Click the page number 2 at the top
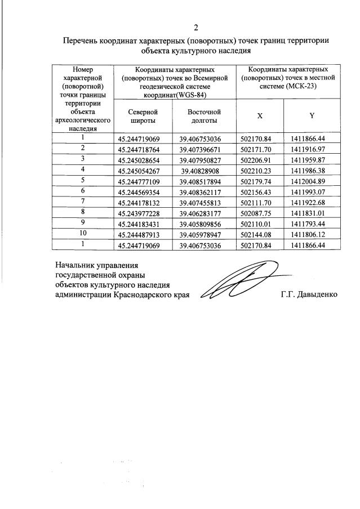(195, 28)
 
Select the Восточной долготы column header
(203, 117)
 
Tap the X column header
(260, 115)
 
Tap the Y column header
(311, 115)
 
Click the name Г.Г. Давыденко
(309, 294)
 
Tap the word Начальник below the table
(76, 264)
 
